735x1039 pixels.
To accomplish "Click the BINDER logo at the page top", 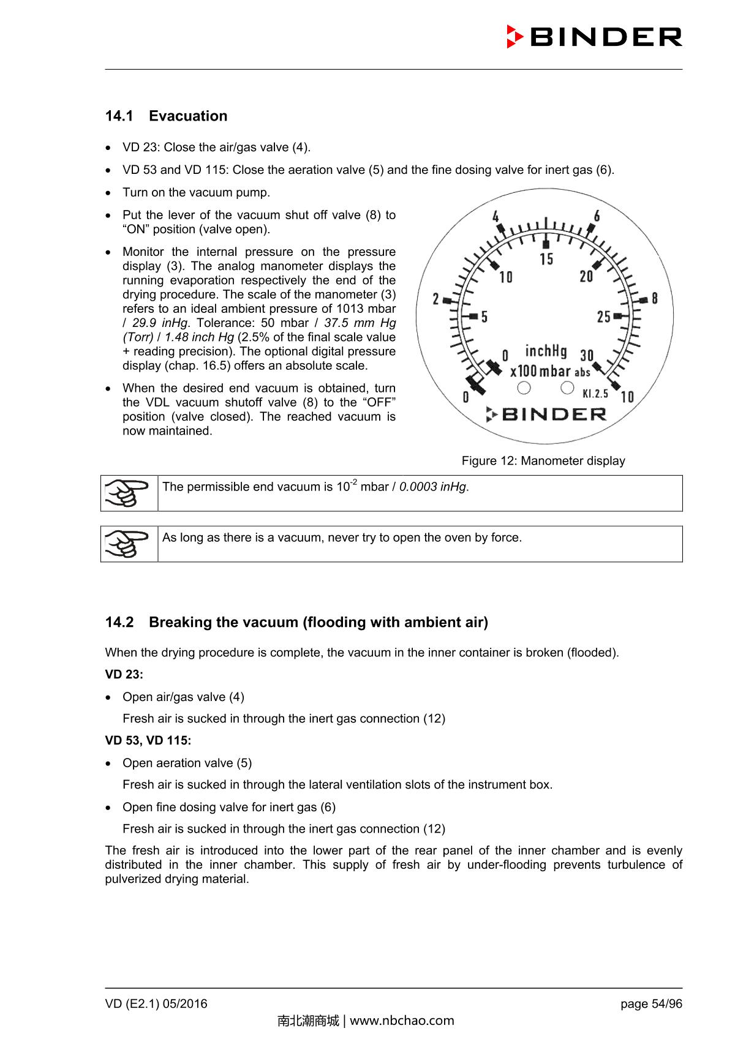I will (x=594, y=37).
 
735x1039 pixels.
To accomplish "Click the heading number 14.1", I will (x=119, y=116).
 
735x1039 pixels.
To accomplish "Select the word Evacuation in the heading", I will (x=187, y=116).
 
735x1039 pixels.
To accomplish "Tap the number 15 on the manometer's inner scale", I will (x=546, y=259).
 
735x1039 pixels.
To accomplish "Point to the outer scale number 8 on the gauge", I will (x=655, y=299).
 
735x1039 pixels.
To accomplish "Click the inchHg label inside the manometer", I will (x=546, y=351).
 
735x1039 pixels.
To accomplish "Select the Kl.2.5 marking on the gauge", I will (x=595, y=394).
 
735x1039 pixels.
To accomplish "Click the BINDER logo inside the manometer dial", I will (x=546, y=414).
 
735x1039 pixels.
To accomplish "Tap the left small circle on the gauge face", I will (x=524, y=388).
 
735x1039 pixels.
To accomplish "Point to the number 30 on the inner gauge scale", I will (x=587, y=356).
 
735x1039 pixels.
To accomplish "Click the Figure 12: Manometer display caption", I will (x=543, y=461).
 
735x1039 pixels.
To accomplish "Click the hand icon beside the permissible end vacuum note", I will (x=129, y=493).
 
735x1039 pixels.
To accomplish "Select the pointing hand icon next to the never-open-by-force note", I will (x=129, y=544).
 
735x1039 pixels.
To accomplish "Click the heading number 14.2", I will (x=119, y=623).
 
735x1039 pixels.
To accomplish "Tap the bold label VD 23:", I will (x=124, y=675).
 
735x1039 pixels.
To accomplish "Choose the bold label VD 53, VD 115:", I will (x=148, y=741).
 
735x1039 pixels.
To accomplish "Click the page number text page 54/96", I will (x=651, y=1004).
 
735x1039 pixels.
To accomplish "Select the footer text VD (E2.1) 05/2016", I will (x=156, y=1004).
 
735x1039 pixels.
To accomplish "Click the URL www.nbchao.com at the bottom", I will (x=402, y=1021).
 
